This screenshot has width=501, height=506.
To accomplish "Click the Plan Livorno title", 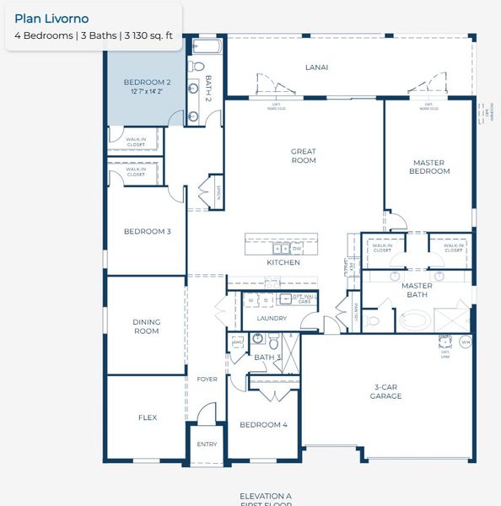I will [51, 19].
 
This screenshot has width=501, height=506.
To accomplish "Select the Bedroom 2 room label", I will [148, 83].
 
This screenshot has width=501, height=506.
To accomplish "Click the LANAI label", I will [316, 67].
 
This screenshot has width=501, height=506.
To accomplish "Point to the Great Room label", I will [304, 155].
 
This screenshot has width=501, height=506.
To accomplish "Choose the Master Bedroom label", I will [430, 166].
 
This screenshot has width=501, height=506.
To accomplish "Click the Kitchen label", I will [283, 263].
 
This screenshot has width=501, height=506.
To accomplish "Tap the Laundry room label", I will [272, 318].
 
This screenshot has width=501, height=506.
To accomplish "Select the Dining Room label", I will [147, 326].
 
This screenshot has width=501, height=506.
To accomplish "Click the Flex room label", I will [148, 417].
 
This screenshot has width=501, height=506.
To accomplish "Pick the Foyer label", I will [207, 379].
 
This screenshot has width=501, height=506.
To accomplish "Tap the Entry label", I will [207, 444].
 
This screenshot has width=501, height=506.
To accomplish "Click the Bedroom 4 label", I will [264, 425].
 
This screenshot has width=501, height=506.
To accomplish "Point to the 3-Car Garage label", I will [385, 391].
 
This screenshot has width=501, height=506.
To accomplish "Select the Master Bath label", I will [417, 290].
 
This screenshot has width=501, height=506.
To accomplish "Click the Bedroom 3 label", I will [148, 231].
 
